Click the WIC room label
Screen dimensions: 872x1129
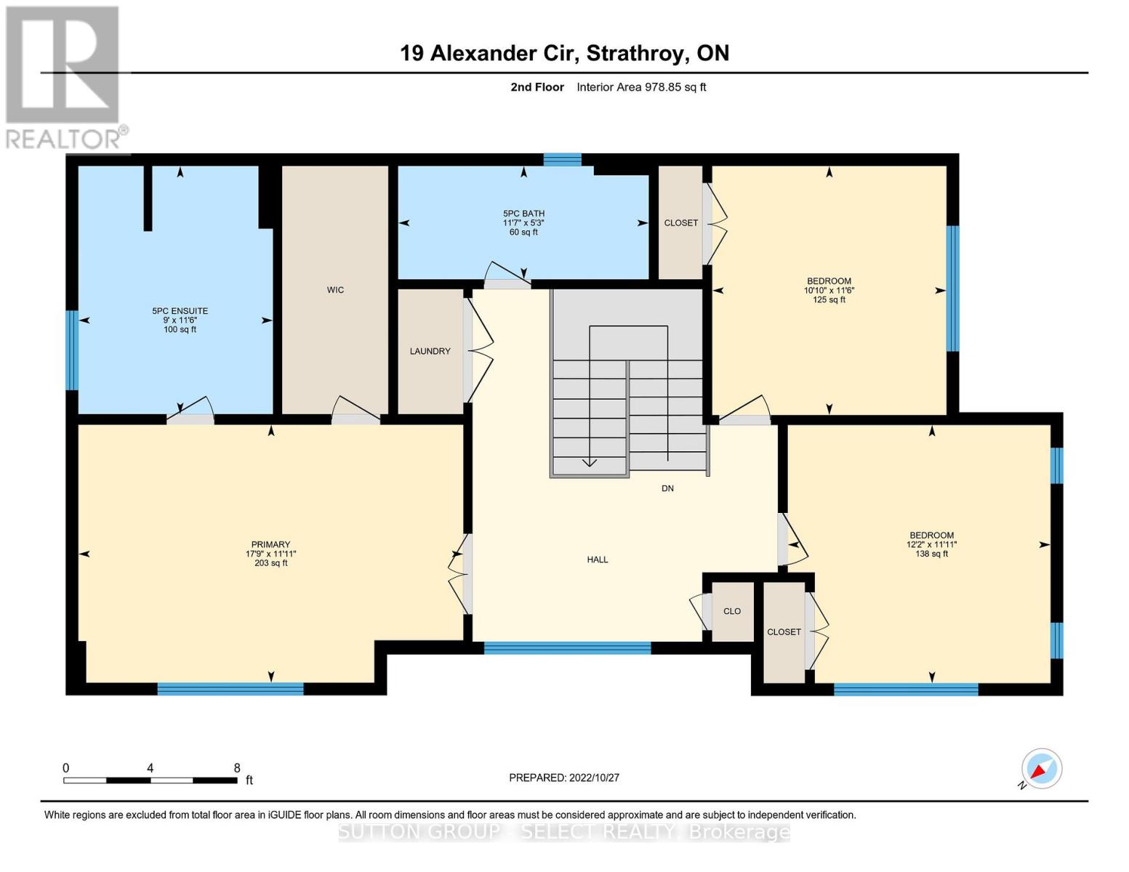(x=335, y=290)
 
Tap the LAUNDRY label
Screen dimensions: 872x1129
(x=430, y=351)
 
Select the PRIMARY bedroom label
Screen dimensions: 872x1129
(x=270, y=544)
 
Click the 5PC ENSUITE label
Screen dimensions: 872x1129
(x=180, y=311)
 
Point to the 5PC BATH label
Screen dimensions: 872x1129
(x=523, y=214)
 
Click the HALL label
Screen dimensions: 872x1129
(x=598, y=560)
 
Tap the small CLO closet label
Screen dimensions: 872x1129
(x=732, y=611)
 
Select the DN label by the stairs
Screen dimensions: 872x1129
(x=667, y=488)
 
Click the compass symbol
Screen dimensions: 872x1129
(x=1041, y=769)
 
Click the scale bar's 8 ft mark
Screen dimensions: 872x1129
(x=237, y=768)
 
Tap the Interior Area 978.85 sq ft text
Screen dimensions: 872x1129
(x=641, y=87)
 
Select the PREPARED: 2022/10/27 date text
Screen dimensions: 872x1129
(x=564, y=778)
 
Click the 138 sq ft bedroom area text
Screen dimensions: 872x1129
(x=931, y=554)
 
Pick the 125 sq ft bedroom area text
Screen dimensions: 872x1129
(x=829, y=299)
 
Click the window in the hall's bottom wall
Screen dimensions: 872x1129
(x=567, y=648)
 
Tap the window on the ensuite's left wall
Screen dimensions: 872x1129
(x=71, y=350)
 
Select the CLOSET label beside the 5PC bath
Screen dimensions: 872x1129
(x=681, y=223)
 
